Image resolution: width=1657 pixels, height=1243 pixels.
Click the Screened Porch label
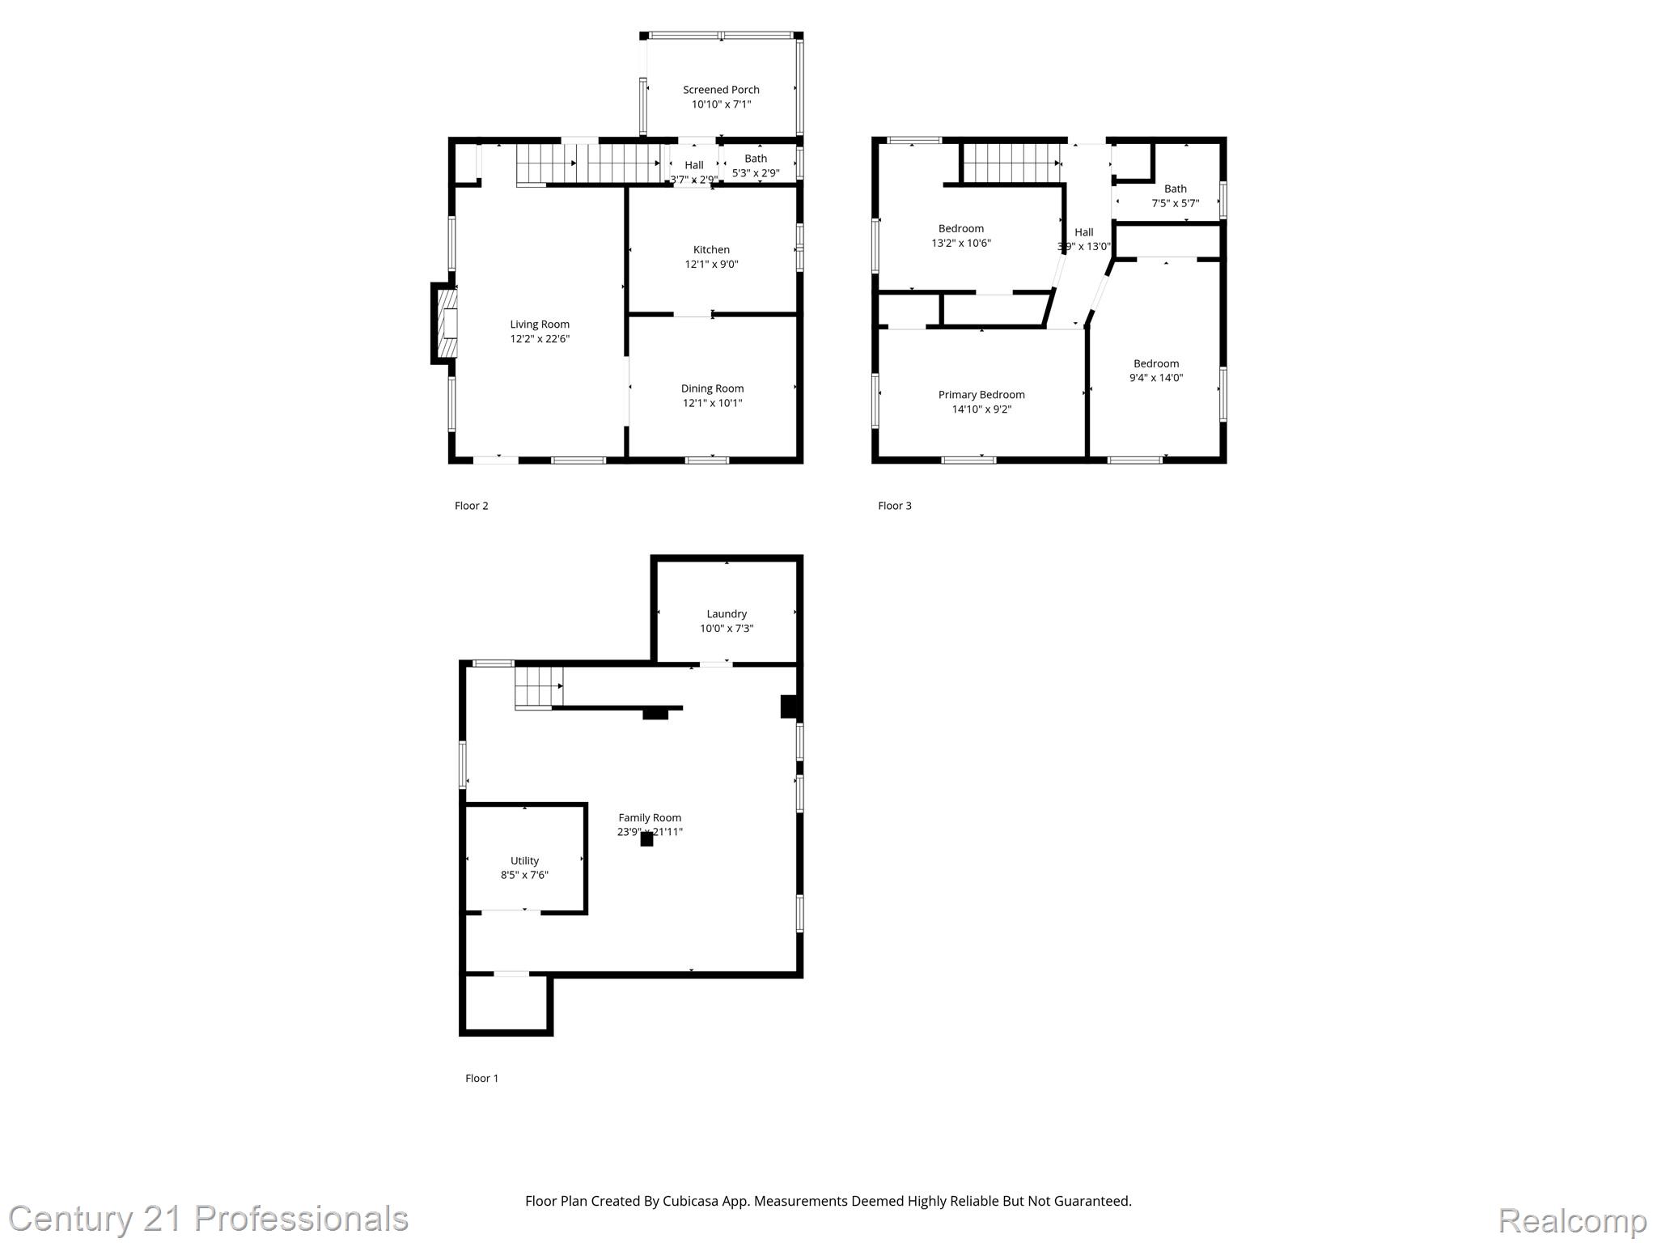[721, 90]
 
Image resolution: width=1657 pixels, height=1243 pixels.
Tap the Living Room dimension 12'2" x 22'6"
[540, 339]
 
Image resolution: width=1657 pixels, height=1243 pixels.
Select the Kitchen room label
[711, 249]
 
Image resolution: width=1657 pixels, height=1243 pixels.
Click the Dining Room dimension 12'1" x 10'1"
[712, 403]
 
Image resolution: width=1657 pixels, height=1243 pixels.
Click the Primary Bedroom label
[981, 395]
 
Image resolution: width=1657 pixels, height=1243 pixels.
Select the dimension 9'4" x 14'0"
[1156, 378]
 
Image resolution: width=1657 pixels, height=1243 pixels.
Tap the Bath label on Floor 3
[1175, 189]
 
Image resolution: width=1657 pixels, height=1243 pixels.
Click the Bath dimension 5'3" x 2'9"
[756, 173]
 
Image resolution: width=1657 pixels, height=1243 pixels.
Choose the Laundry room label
[727, 613]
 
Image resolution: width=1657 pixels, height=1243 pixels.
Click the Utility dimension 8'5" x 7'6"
[524, 875]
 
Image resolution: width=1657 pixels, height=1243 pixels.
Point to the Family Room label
[650, 817]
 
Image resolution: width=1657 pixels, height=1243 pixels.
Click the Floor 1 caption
[481, 1078]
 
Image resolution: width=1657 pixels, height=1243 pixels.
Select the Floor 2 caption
[471, 506]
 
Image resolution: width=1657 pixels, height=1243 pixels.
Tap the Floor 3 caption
[894, 506]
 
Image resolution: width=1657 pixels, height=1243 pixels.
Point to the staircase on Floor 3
[1011, 163]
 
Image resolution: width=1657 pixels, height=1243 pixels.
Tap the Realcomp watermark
[1572, 1220]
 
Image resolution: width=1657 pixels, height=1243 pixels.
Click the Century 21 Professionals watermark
[208, 1219]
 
